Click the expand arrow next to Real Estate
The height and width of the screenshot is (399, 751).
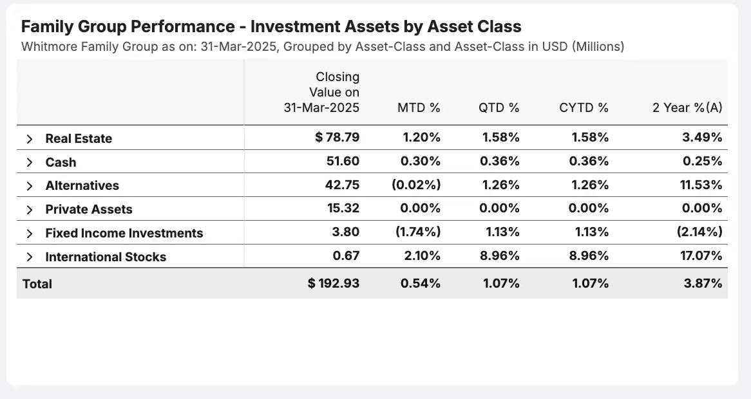(29, 139)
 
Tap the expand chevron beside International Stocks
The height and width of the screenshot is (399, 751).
(29, 257)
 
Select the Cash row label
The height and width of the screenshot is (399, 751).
(61, 162)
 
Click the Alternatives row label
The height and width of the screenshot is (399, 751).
(82, 186)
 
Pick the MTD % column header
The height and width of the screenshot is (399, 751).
(419, 108)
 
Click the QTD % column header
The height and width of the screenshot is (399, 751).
(499, 108)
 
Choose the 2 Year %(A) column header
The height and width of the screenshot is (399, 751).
(687, 108)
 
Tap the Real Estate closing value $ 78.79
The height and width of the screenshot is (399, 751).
(337, 138)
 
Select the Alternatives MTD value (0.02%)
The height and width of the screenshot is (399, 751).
(416, 185)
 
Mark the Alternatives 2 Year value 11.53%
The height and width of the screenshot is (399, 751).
(703, 185)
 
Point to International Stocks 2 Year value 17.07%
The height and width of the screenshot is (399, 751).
(703, 256)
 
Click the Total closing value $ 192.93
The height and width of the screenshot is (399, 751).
(334, 283)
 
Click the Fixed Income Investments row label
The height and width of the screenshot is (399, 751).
(124, 233)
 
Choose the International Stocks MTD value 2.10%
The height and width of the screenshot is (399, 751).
(420, 256)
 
